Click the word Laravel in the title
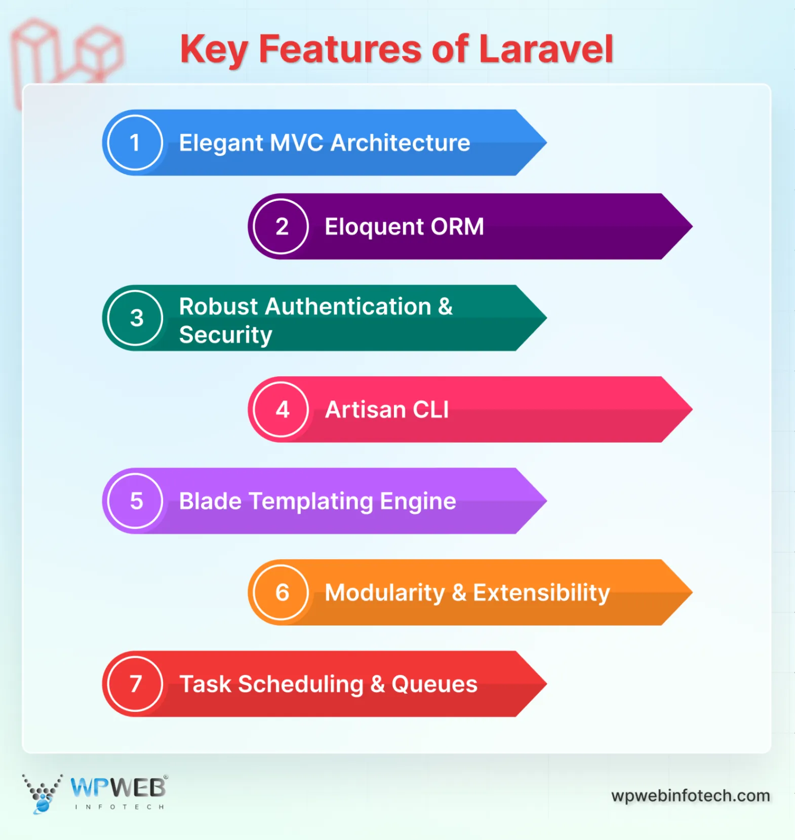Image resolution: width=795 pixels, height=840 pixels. [545, 49]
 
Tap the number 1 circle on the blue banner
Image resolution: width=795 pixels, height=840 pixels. [135, 143]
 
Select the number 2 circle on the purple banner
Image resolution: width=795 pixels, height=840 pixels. [281, 226]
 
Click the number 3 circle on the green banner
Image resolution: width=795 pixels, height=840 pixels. [135, 318]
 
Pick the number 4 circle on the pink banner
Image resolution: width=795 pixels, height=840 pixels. [281, 409]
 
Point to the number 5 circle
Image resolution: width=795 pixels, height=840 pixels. [135, 501]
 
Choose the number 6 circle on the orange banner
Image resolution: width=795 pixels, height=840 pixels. [281, 592]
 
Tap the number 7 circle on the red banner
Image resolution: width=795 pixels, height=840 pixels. [135, 684]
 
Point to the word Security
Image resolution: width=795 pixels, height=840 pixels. [225, 335]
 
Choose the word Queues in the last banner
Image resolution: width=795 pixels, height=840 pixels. [434, 684]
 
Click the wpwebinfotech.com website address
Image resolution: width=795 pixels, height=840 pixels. [690, 795]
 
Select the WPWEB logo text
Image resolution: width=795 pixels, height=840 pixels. [118, 788]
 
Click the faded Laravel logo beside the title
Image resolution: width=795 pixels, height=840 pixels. [66, 53]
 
